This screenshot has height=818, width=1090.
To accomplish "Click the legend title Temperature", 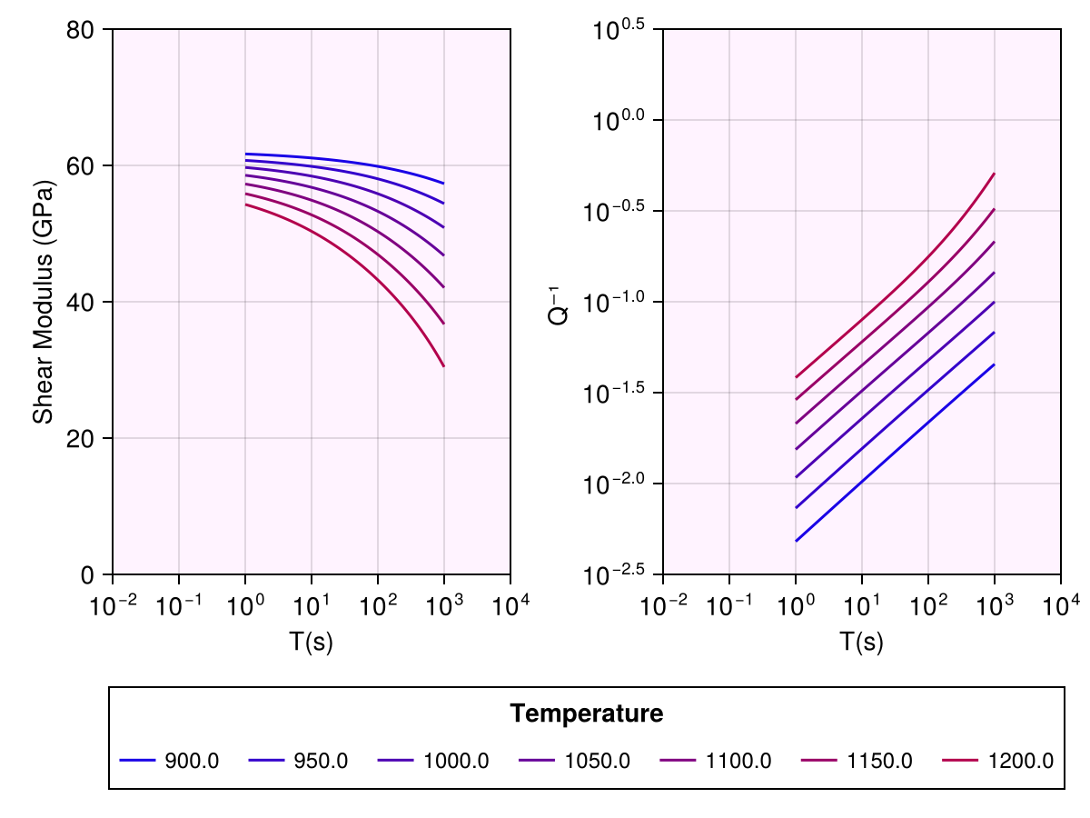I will point(586,714).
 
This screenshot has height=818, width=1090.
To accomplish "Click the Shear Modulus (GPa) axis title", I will point(42,302).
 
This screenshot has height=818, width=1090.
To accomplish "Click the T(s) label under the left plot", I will point(311,642).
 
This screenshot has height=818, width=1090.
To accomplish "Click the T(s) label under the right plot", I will point(861,642).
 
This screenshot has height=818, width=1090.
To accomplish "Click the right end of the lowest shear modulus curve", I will point(444,366).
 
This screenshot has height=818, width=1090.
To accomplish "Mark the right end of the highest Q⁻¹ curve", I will point(995,174).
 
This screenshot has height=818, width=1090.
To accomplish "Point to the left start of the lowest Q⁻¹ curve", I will point(796,541).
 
